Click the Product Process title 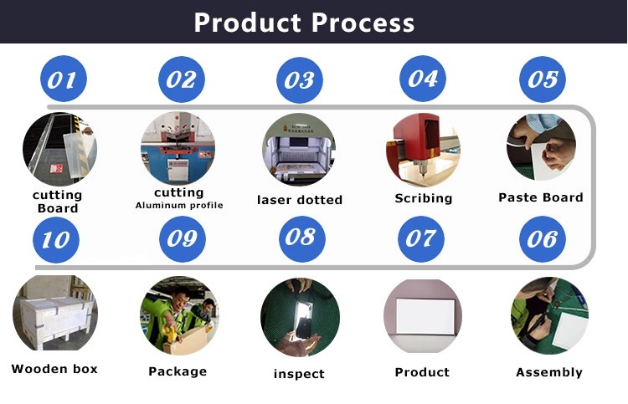304,22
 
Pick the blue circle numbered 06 542,239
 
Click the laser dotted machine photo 299,150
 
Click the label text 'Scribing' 424,199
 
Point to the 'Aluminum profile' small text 178,206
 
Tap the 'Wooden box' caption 54,369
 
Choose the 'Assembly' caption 548,373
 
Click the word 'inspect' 299,374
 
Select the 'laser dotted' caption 300,200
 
